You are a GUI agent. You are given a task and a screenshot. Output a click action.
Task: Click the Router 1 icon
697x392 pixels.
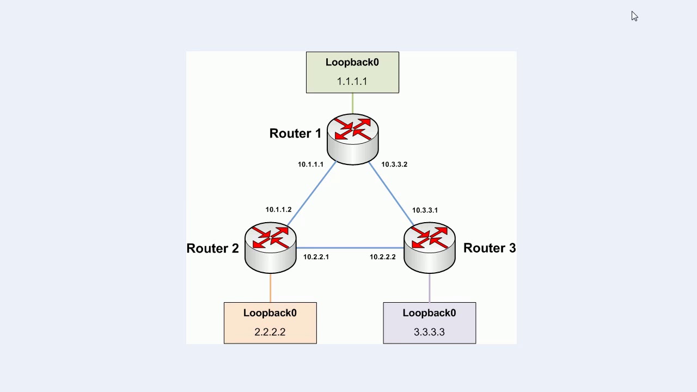(352, 138)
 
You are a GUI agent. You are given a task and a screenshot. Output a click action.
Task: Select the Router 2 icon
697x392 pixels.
(271, 247)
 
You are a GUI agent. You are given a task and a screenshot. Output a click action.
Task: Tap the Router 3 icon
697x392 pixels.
(429, 247)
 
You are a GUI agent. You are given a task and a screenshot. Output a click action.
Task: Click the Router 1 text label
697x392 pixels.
(295, 133)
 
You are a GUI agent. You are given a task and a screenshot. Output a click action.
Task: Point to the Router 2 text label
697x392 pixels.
(212, 248)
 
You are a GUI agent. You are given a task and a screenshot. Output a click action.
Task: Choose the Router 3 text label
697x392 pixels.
(489, 248)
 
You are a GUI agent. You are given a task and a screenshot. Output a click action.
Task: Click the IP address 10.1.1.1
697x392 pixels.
(310, 164)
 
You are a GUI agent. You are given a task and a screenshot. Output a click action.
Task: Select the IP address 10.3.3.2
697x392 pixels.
(394, 164)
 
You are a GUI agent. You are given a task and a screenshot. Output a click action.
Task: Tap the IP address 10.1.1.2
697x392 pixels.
(278, 210)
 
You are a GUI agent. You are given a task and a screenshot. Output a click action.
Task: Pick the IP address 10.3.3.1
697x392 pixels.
(425, 210)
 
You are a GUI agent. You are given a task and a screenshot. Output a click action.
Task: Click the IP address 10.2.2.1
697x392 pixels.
(316, 257)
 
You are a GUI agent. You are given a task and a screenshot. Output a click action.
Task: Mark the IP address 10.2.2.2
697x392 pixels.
(383, 257)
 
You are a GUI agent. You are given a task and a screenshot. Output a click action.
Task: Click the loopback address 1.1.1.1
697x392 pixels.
(352, 82)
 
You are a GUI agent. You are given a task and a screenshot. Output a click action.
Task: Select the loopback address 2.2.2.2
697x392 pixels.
(270, 332)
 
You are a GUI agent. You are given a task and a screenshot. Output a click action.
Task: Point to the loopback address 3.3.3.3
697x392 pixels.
(429, 332)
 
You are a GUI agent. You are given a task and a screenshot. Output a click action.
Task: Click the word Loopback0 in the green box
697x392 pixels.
(352, 63)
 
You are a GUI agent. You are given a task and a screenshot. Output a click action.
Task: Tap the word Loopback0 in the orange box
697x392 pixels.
(270, 313)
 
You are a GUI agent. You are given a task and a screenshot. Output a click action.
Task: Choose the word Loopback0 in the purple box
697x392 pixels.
(429, 313)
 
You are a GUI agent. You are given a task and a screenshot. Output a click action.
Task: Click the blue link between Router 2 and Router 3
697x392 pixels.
(350, 248)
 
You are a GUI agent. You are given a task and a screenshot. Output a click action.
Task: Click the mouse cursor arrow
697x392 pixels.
(634, 16)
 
